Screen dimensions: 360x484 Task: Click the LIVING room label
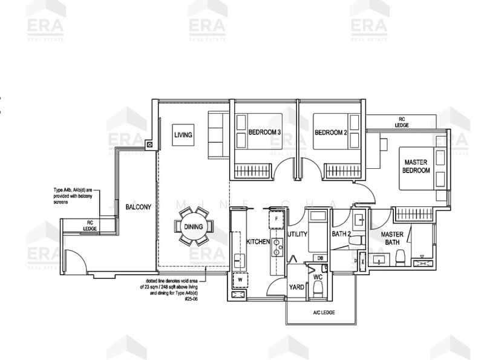pyautogui.click(x=183, y=135)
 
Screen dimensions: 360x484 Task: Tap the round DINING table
pyautogui.click(x=194, y=227)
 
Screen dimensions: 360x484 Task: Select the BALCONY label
pyautogui.click(x=138, y=207)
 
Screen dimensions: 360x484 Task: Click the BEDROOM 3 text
pyautogui.click(x=264, y=133)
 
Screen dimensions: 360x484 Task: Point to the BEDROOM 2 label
pyautogui.click(x=330, y=133)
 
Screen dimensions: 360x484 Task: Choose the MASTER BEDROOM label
pyautogui.click(x=416, y=166)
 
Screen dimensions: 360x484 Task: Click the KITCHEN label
pyautogui.click(x=257, y=241)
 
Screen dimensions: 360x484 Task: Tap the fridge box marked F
pyautogui.click(x=276, y=218)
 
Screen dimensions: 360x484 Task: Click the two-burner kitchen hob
pyautogui.click(x=278, y=246)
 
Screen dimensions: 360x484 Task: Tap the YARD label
pyautogui.click(x=296, y=287)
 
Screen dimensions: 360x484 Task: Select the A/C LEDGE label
pyautogui.click(x=324, y=312)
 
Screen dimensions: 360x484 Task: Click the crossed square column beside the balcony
pyautogui.click(x=149, y=145)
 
